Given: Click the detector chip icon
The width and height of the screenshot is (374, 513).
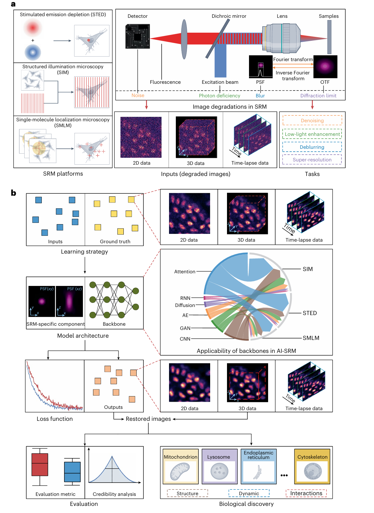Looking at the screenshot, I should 138,37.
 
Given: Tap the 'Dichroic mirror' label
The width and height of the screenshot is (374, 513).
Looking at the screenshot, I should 229,16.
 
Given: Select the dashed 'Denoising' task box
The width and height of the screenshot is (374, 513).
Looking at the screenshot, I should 312,121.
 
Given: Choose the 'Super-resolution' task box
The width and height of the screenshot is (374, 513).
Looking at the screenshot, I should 312,160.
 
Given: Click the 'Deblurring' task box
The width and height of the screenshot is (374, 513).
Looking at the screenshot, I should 312,147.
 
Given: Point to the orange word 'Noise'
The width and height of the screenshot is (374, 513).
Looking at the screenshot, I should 138,95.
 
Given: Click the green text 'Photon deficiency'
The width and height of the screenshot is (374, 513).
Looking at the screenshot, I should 220,96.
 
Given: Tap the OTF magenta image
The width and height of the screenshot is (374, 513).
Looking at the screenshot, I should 325,67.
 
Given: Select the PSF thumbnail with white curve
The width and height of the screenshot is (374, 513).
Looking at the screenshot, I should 261,67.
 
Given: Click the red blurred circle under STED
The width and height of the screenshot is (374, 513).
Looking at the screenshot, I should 33,27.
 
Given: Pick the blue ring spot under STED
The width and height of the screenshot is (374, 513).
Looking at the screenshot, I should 33,52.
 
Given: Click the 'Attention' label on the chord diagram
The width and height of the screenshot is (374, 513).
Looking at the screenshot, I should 185,272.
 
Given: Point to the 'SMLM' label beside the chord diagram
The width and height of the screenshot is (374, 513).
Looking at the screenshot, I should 311,338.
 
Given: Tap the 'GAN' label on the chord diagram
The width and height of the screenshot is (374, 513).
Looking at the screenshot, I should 185,328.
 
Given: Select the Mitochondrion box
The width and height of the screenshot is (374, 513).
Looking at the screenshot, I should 180,466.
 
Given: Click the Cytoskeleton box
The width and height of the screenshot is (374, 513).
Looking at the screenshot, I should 312,466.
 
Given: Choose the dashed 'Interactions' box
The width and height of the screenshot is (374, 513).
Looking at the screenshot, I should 306,493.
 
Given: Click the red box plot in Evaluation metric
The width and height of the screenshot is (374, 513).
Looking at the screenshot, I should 40,465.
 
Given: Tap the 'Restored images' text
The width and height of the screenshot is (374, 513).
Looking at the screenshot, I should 148,419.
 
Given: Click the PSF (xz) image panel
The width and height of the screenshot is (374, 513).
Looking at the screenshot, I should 69,301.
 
